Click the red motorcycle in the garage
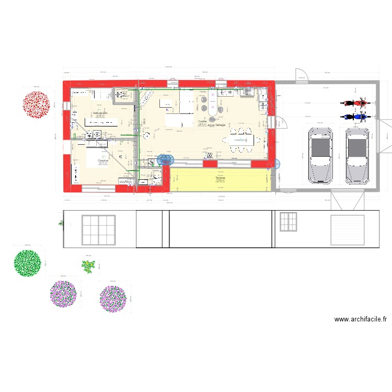coord(354,103)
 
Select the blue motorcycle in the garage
coord(354,117)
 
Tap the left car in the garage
coord(320,155)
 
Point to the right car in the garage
coord(357,155)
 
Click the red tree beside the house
coord(36,104)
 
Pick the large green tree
coord(28,263)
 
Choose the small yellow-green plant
coord(88,266)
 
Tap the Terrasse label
coord(220,178)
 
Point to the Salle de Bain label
coord(99,113)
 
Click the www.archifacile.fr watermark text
coord(360,319)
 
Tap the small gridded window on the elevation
coord(288,222)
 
